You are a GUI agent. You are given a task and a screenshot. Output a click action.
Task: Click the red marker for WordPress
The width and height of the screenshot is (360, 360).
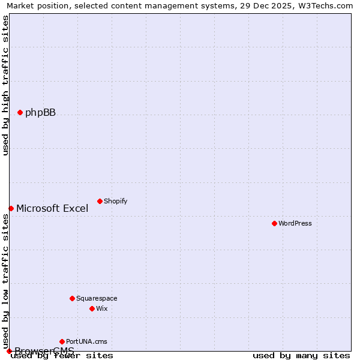pos(274,223)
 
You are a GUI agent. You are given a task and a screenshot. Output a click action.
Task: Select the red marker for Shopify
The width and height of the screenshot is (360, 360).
pos(100,201)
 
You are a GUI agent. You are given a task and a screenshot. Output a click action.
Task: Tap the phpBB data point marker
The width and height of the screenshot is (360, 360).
pos(20,112)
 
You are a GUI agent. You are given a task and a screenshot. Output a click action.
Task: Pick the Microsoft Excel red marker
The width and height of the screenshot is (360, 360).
pos(11,208)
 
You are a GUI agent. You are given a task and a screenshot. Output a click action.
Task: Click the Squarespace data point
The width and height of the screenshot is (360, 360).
pos(72,298)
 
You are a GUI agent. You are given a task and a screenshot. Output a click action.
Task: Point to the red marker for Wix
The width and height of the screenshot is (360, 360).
pos(92,308)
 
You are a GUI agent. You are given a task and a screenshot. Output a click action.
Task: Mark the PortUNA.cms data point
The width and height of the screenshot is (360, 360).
pos(62,341)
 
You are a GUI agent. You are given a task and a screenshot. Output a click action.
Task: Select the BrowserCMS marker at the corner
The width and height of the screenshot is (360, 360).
pos(9,351)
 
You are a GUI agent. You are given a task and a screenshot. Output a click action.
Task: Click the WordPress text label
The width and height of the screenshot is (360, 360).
pos(295,223)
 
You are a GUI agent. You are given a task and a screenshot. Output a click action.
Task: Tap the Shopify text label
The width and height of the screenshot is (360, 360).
pos(115,201)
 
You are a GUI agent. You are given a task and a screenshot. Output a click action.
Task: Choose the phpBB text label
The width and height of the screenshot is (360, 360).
pos(40,112)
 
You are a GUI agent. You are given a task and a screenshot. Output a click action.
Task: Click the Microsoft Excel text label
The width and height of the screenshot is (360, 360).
pos(52,208)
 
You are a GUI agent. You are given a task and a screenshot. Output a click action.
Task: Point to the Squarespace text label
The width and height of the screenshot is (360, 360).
pos(97,298)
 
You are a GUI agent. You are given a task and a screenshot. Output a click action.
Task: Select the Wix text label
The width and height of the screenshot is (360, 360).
pos(102,308)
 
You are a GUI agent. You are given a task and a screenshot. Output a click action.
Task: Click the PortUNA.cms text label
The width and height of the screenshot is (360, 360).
pos(86,341)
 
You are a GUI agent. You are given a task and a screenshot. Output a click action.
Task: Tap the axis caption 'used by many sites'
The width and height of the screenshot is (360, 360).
pos(301,356)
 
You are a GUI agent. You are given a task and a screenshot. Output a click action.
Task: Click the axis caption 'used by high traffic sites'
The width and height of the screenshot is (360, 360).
pos(5,85)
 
